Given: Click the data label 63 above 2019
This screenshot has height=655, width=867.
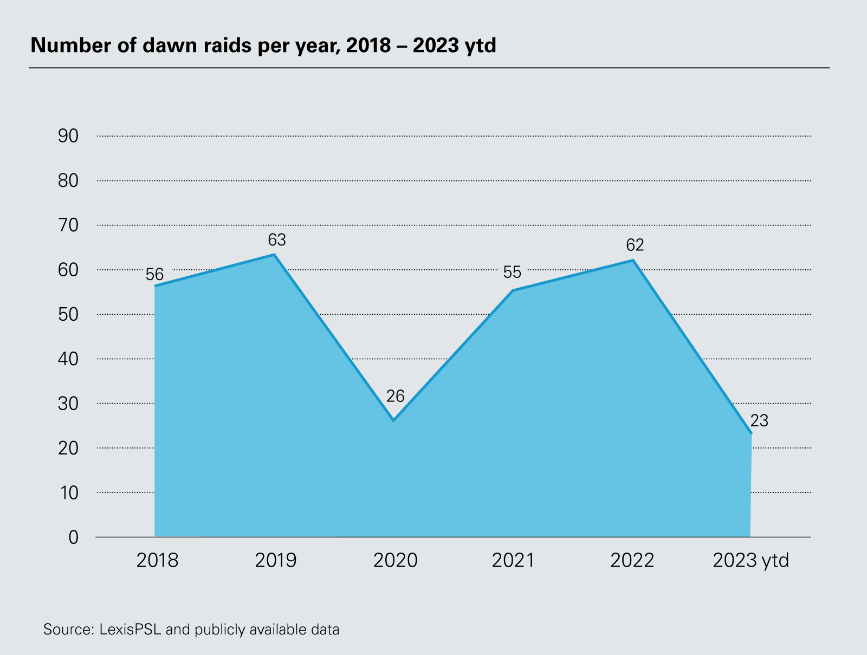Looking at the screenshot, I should click(276, 239).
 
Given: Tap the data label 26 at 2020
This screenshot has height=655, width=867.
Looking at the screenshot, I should click(396, 396).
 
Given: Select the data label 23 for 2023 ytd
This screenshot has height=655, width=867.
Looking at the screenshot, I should click(759, 421).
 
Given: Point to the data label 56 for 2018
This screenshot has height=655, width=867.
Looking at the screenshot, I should click(154, 274).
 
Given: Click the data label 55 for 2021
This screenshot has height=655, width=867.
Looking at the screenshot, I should click(512, 272).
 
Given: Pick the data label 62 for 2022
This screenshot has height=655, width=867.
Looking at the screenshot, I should click(635, 245).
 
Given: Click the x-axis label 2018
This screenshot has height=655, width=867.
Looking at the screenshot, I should click(157, 560).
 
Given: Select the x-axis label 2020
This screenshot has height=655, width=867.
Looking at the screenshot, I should click(395, 560).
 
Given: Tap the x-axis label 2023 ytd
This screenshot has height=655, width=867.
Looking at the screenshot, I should click(750, 560).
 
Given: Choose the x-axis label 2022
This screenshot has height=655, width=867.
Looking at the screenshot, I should click(632, 560).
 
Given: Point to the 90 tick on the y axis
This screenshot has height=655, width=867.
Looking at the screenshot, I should click(68, 136).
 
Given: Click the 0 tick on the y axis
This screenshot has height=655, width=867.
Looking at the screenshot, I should click(73, 537).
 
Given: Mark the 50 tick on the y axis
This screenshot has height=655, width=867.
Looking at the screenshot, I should click(68, 314).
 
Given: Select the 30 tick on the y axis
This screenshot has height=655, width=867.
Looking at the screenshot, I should click(68, 404).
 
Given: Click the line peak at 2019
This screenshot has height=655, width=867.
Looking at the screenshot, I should click(275, 254).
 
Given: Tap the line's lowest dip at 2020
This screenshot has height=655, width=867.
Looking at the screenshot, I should click(393, 420).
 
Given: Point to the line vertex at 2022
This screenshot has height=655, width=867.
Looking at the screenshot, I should click(632, 260).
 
